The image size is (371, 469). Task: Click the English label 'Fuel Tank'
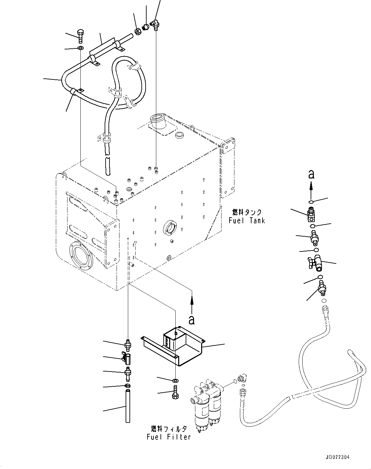247,221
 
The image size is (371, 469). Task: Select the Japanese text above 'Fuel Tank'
247,212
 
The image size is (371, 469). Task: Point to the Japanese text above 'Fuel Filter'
169,429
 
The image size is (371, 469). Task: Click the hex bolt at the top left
81,36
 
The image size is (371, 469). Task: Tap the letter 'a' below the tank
192,320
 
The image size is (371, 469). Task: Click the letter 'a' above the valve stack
311,174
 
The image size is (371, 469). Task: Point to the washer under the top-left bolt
80,49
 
